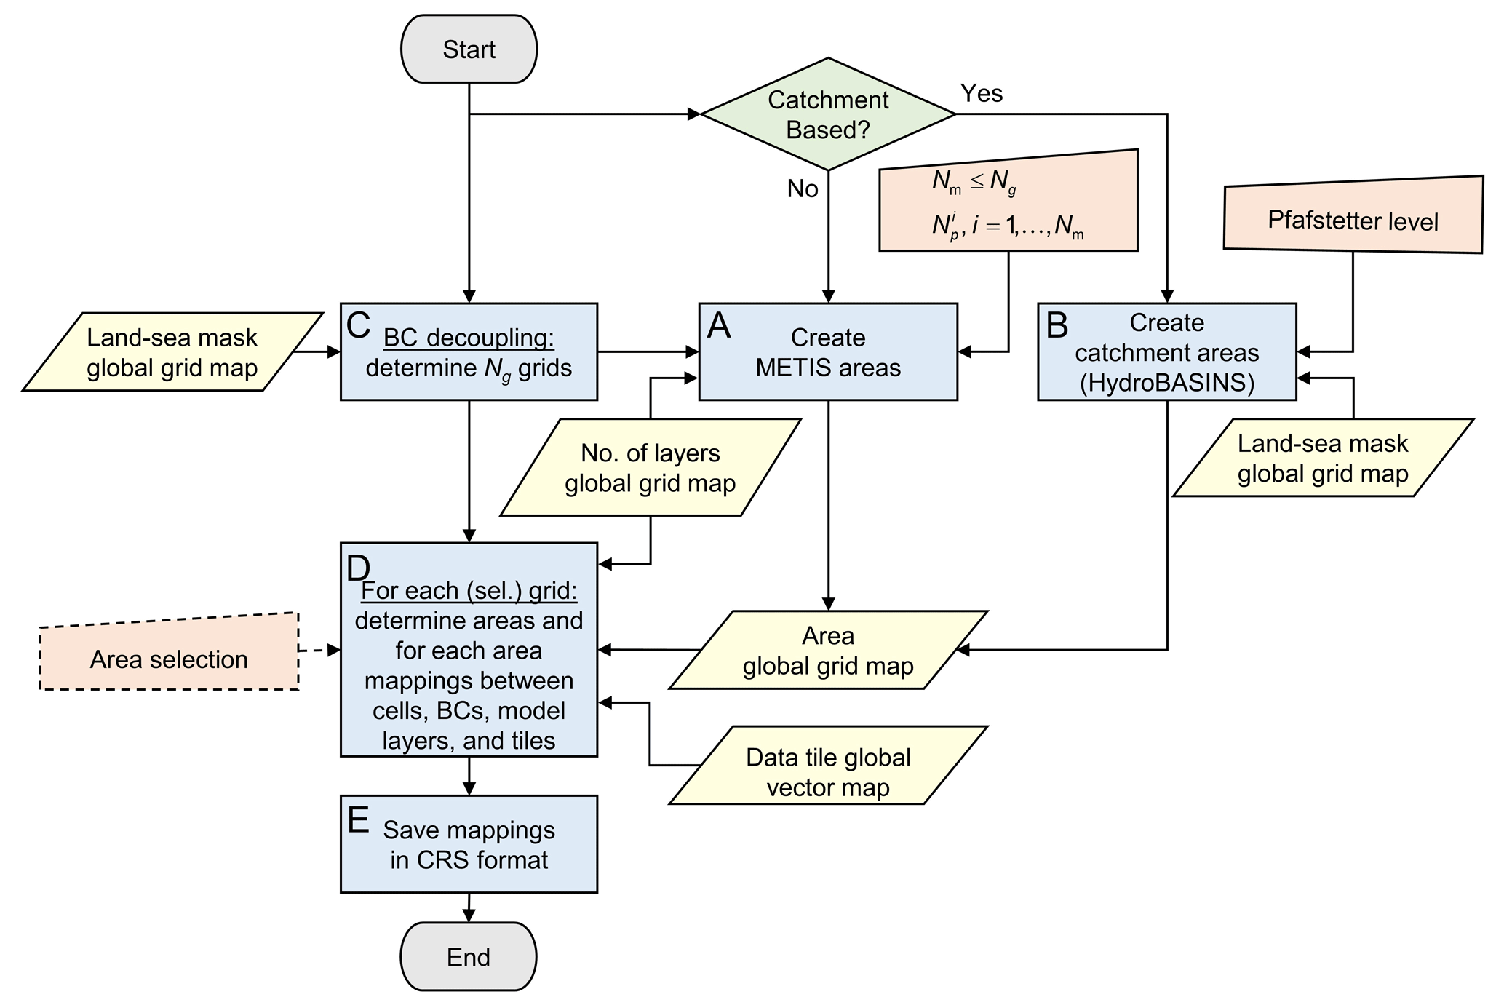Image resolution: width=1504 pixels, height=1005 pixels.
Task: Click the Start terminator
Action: point(469,49)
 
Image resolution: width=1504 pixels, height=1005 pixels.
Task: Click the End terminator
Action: point(469,956)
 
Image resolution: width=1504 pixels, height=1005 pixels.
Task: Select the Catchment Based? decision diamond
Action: point(827,114)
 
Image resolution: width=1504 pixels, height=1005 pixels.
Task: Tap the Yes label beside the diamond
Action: point(982,93)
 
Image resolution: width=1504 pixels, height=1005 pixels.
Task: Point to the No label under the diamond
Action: point(803,189)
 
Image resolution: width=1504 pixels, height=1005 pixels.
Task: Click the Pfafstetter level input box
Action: point(1353,220)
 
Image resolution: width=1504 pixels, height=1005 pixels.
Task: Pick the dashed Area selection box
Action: point(169,658)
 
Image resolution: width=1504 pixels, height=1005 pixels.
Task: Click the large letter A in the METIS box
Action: point(719,326)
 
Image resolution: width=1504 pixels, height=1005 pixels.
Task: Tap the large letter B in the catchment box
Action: point(1057,326)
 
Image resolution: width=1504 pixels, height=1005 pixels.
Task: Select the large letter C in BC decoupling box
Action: point(359,326)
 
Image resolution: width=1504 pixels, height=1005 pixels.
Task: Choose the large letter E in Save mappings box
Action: point(359,820)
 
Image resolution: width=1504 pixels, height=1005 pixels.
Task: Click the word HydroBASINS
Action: point(1167,383)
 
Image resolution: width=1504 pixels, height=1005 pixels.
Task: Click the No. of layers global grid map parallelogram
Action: point(650,467)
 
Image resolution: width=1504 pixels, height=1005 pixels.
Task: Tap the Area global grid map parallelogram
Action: point(828,650)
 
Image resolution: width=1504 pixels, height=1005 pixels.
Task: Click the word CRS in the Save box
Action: point(435,860)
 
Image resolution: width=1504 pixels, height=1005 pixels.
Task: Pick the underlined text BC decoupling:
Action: point(469,338)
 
